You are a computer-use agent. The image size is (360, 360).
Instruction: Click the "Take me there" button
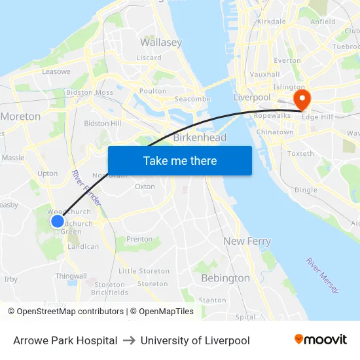pyautogui.click(x=179, y=160)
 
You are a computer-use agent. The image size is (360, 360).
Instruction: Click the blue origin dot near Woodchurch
pyautogui.click(x=58, y=221)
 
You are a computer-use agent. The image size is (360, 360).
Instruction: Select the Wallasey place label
pyautogui.click(x=160, y=43)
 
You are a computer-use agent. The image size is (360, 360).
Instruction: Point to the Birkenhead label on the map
pyautogui.click(x=200, y=137)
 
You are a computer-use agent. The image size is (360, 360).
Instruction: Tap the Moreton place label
pyautogui.click(x=21, y=117)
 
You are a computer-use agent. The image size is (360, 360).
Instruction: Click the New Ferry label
pyautogui.click(x=247, y=241)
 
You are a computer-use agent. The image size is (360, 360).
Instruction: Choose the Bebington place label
pyautogui.click(x=225, y=278)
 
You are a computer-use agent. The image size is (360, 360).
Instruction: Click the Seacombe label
pyautogui.click(x=192, y=99)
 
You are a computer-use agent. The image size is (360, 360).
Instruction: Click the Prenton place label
pyautogui.click(x=139, y=240)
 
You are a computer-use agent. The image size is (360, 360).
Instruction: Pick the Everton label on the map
pyautogui.click(x=287, y=60)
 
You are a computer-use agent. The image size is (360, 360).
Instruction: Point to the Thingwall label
pyautogui.click(x=71, y=276)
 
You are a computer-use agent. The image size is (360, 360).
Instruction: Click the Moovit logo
pyautogui.click(x=321, y=340)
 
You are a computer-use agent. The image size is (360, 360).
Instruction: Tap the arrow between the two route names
pyautogui.click(x=129, y=340)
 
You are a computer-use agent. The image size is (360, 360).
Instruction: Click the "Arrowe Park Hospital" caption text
pyautogui.click(x=65, y=340)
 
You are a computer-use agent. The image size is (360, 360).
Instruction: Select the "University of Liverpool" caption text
pyautogui.click(x=195, y=340)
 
